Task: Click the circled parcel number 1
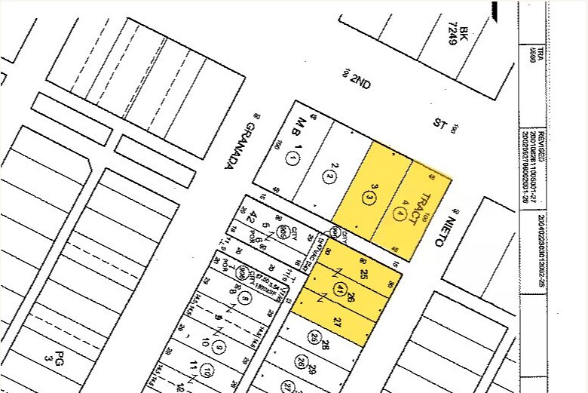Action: pyautogui.click(x=294, y=158)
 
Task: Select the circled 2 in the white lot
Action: pyautogui.click(x=330, y=177)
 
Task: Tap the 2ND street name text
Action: pyautogui.click(x=360, y=82)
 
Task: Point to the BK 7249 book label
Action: pyautogui.click(x=458, y=34)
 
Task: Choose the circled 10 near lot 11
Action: pyautogui.click(x=218, y=348)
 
